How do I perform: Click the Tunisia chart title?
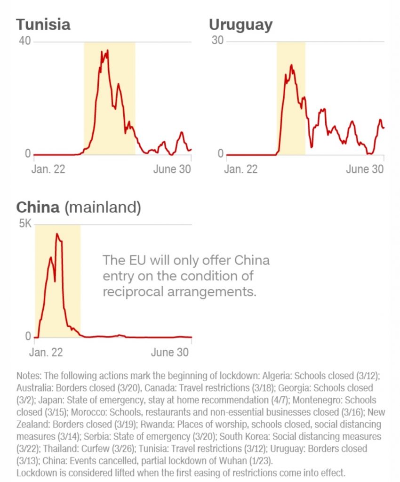[43, 24]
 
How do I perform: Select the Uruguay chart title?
[240, 24]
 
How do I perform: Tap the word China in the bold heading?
[38, 207]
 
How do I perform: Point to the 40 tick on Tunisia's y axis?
[24, 41]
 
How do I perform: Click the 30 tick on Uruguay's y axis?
[217, 41]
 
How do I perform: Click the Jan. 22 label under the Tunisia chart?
[48, 169]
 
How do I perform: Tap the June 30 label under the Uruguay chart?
[365, 169]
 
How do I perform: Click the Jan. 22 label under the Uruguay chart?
[241, 169]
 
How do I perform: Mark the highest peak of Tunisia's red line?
[107, 50]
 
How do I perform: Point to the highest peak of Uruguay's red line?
[292, 65]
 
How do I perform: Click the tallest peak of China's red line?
[57, 234]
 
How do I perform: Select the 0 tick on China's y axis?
[28, 337]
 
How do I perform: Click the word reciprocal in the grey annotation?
[133, 291]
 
